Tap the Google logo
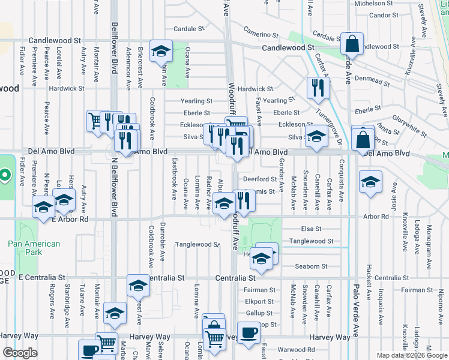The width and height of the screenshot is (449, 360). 20,353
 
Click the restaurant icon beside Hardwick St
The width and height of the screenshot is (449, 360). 318,88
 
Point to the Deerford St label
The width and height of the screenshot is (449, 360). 259,179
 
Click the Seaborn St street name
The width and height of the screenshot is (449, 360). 311,266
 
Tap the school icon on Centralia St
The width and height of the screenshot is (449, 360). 138,286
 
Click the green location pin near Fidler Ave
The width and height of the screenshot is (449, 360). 4,176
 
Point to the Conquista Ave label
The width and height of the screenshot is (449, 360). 341,178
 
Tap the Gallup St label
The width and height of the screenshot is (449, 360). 259,313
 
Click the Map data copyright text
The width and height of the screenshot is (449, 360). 411,355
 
